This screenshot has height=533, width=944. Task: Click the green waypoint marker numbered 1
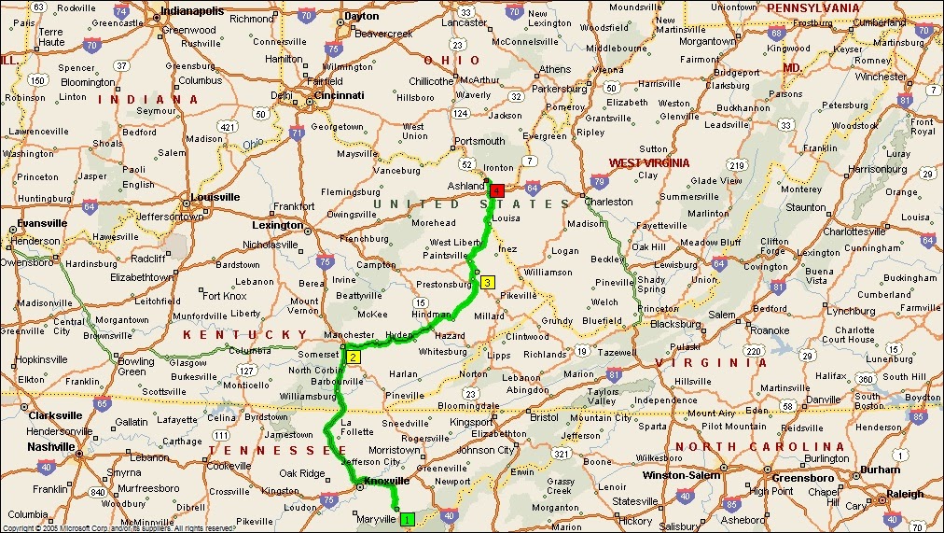tap(407, 518)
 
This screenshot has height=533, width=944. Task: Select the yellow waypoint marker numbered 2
tap(354, 357)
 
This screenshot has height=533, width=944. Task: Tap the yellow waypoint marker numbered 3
tap(488, 282)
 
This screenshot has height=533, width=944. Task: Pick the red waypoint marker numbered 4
tap(497, 190)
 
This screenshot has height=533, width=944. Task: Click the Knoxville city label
tap(386, 481)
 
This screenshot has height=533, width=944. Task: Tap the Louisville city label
tap(215, 197)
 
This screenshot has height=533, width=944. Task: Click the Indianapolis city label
tap(192, 11)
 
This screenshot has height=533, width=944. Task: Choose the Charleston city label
tap(608, 202)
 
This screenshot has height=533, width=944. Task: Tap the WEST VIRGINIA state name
tap(649, 163)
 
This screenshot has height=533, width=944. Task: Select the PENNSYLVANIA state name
tap(812, 7)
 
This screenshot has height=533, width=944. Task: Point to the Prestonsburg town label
tap(444, 285)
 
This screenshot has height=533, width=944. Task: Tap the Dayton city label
tap(362, 16)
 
